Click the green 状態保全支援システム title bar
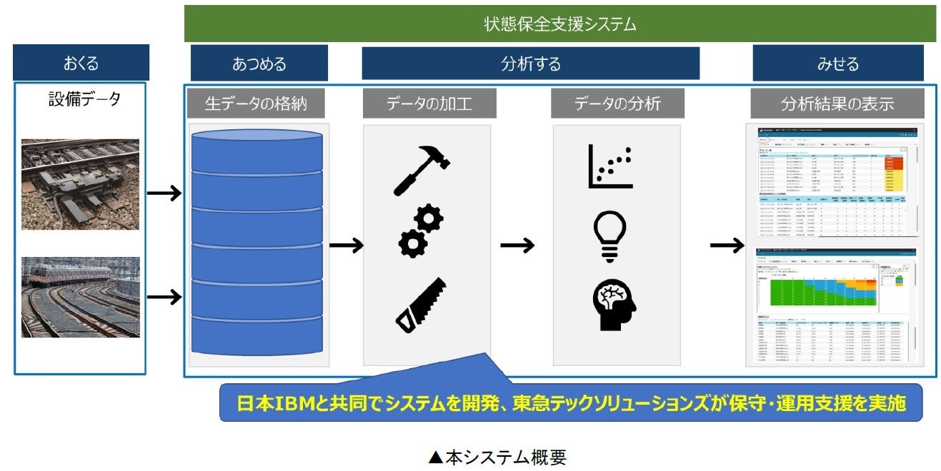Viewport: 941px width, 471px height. click(x=559, y=24)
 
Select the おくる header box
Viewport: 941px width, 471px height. click(x=81, y=63)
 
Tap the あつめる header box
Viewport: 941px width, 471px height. click(x=259, y=63)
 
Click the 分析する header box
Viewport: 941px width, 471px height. click(x=530, y=63)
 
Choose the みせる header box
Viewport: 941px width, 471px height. click(x=837, y=63)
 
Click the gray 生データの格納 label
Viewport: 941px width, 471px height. click(x=256, y=103)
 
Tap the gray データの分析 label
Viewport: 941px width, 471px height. click(x=617, y=103)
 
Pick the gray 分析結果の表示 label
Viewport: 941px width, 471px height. click(x=837, y=103)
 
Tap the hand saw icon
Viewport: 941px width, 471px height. click(x=422, y=305)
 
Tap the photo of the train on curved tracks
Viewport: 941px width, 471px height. click(x=80, y=297)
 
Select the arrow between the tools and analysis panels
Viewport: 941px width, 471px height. click(x=517, y=245)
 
